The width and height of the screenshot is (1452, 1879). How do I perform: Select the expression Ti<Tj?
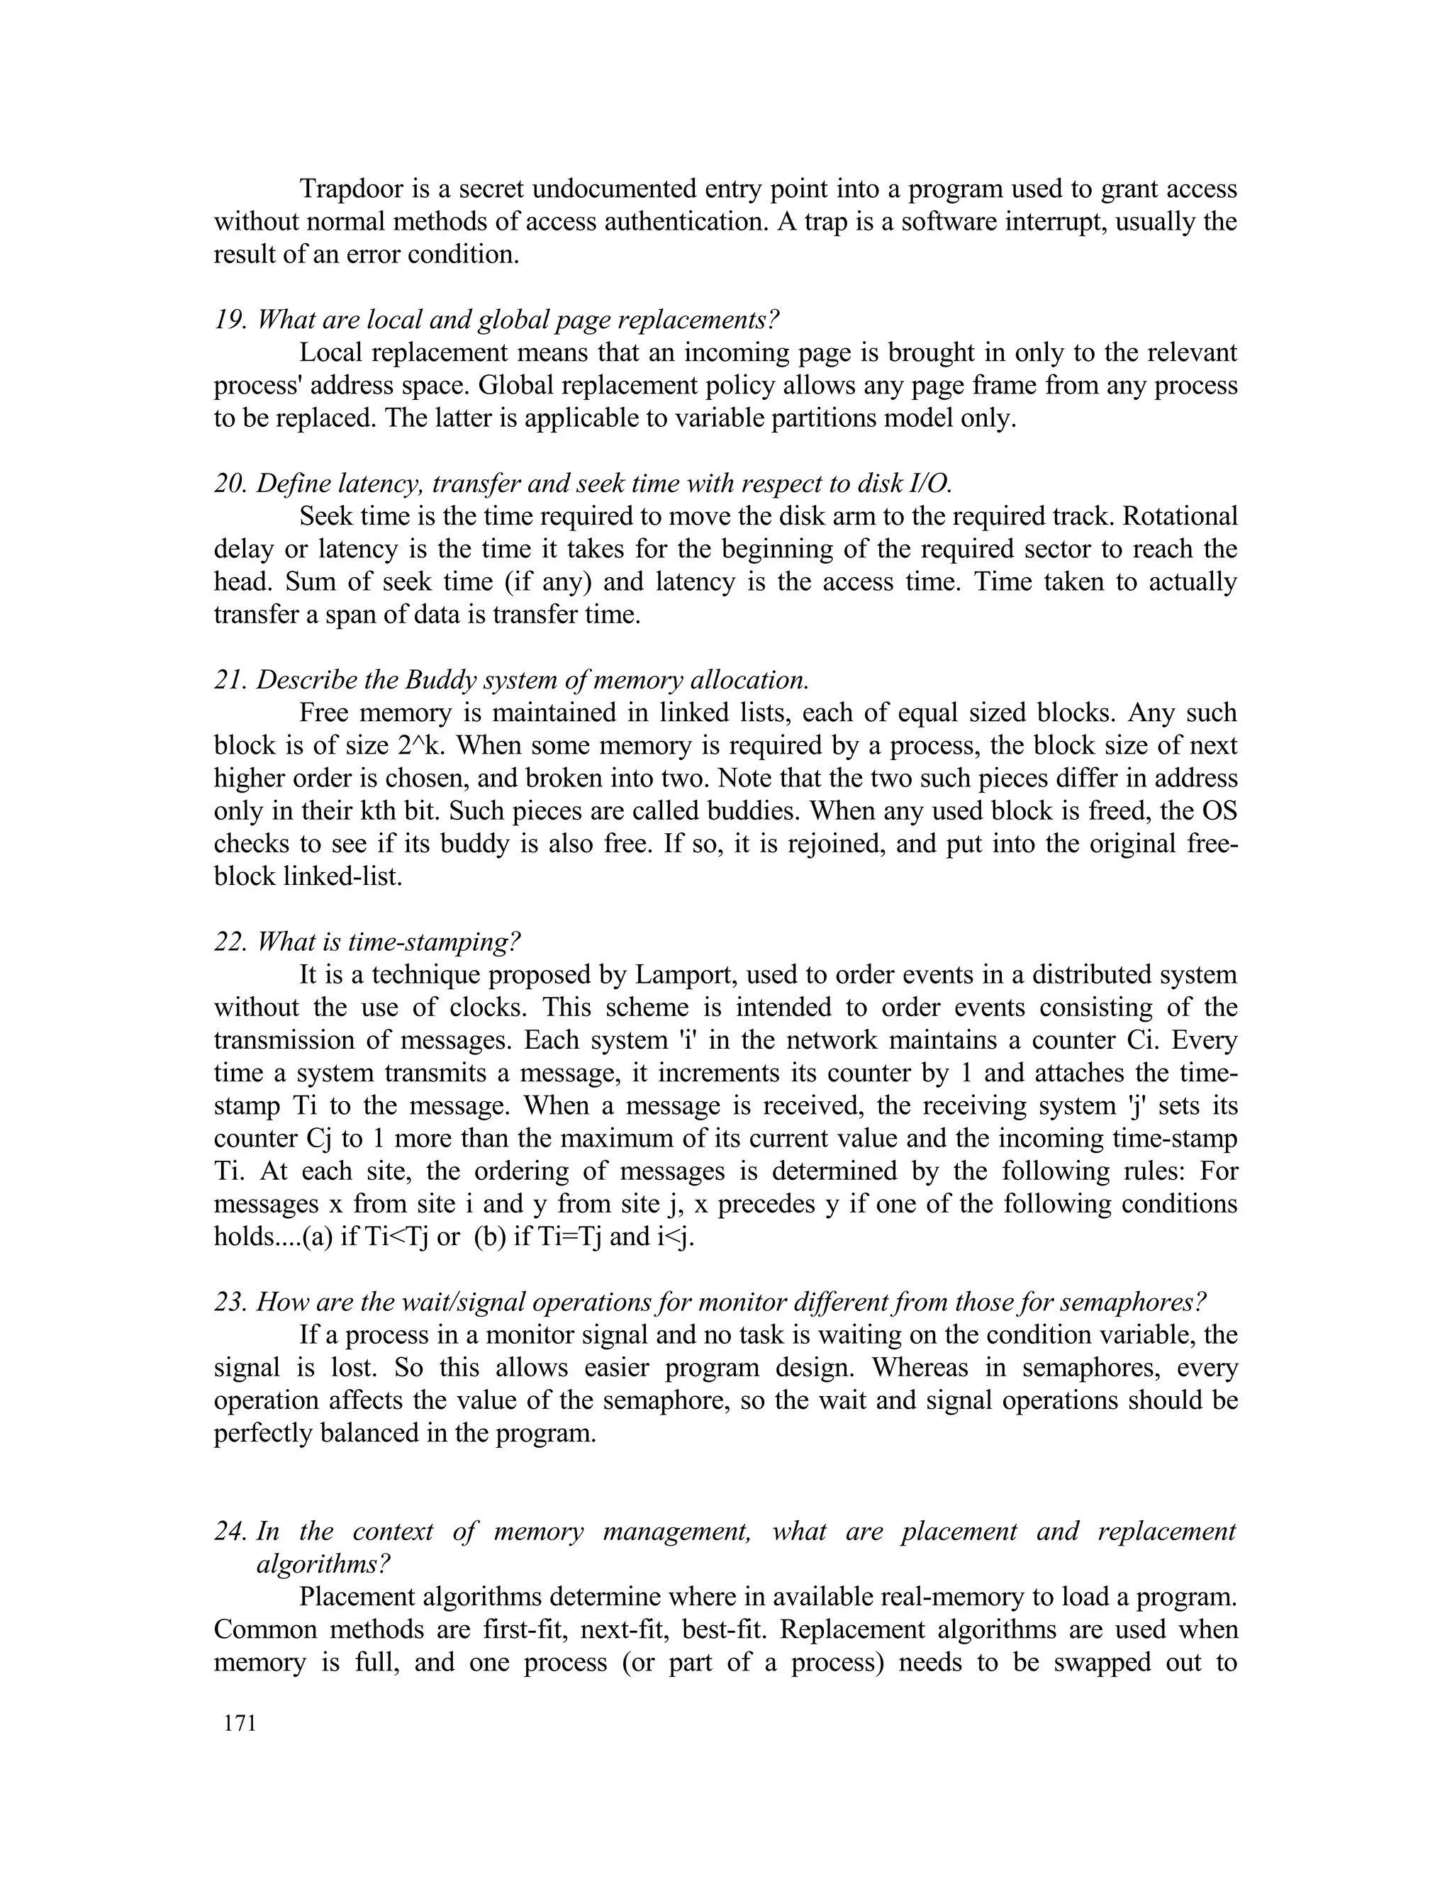point(396,1237)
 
